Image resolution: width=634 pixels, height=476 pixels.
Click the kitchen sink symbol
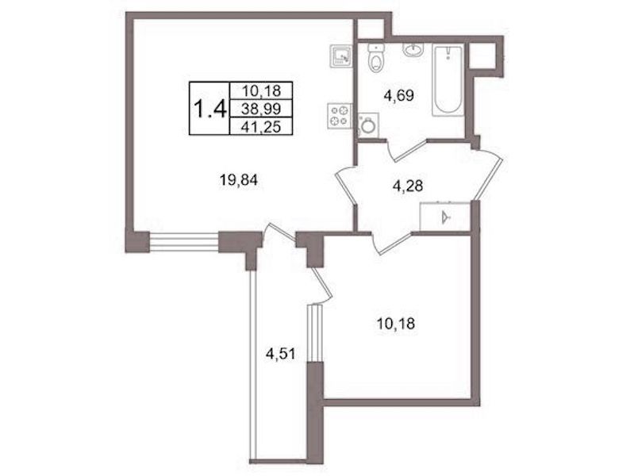(x=342, y=56)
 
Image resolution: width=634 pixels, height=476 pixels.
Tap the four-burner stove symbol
(x=340, y=116)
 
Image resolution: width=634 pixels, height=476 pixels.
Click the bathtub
(x=448, y=80)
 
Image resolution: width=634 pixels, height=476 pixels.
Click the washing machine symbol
(x=367, y=125)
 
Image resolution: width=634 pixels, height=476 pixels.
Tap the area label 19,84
(x=239, y=179)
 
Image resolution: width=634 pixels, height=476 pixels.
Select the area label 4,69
(x=398, y=96)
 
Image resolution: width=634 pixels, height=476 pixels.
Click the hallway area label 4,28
(x=408, y=186)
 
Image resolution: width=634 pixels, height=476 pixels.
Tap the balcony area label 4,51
(x=281, y=355)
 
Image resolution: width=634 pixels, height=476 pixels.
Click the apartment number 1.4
(x=209, y=109)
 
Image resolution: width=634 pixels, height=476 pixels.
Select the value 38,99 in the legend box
(x=261, y=109)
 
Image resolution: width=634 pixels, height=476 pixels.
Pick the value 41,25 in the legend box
(x=261, y=127)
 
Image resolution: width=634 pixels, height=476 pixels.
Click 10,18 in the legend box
(x=261, y=90)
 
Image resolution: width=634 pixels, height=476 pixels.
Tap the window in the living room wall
(x=184, y=242)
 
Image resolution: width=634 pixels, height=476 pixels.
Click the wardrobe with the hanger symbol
(x=445, y=217)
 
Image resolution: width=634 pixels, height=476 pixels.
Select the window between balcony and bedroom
(x=314, y=333)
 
